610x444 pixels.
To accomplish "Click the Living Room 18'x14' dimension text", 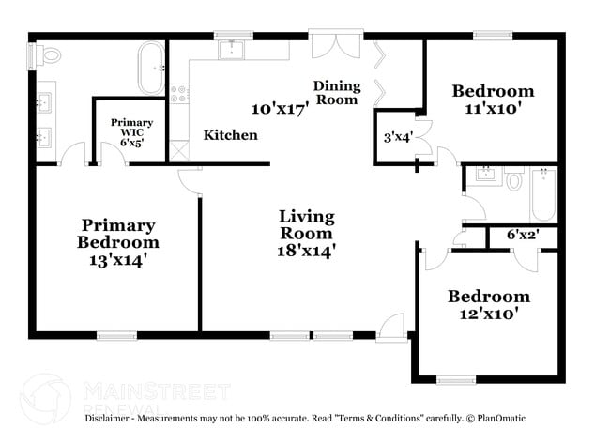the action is click(307, 251).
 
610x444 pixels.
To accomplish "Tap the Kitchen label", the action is click(230, 135).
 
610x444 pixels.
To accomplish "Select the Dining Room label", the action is click(337, 93).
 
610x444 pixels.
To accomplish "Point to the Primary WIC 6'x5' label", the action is click(132, 132).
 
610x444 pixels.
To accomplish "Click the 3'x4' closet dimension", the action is click(398, 137).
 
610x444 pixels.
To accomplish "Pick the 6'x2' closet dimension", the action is click(523, 235).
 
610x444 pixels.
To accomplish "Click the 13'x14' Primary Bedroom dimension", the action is click(118, 260).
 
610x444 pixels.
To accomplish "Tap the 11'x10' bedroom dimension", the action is click(493, 107).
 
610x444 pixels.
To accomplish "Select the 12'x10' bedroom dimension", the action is click(489, 313).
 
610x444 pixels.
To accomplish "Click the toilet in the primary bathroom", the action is click(48, 54).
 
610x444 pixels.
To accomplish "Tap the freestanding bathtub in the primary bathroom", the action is click(151, 69).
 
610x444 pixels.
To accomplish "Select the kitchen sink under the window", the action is click(232, 50).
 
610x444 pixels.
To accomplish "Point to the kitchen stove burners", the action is click(179, 94).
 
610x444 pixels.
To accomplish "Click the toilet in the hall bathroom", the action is click(514, 177).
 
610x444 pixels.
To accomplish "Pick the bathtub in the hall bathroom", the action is click(543, 194).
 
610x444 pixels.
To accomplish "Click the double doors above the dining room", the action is click(337, 46).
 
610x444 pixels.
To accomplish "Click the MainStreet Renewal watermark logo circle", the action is click(46, 398).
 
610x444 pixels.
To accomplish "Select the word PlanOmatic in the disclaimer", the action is click(501, 419).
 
